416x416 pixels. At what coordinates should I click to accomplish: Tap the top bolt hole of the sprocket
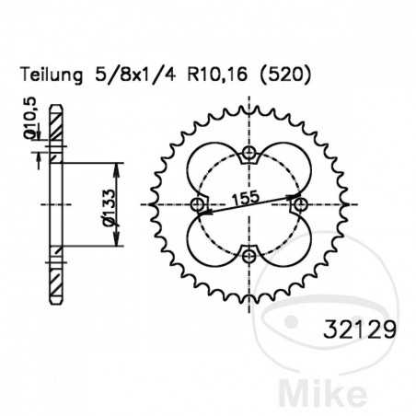[248, 153]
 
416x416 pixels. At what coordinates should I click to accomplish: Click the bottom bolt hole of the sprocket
[248, 254]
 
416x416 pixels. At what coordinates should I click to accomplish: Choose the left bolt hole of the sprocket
[198, 203]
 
